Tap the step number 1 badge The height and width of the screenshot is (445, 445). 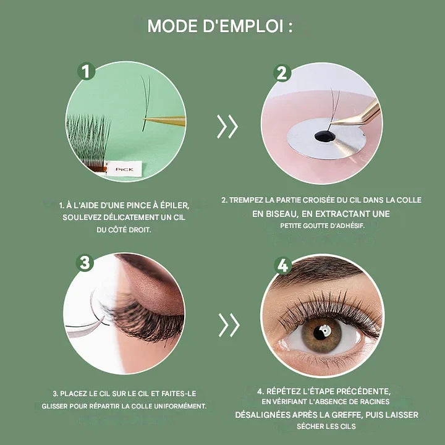(87, 71)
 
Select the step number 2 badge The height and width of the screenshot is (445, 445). (282, 73)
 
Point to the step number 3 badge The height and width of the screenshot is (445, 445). (85, 263)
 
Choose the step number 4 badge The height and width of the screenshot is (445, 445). (282, 265)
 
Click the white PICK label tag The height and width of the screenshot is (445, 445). (124, 169)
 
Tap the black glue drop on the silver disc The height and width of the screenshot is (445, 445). (324, 136)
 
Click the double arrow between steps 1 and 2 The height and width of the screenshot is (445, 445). (227, 127)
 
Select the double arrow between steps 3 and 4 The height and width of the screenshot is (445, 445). (229, 325)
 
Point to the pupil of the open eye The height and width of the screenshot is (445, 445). (321, 332)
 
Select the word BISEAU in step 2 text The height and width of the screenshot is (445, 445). (282, 214)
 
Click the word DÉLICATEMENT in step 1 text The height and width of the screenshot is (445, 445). (127, 218)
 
